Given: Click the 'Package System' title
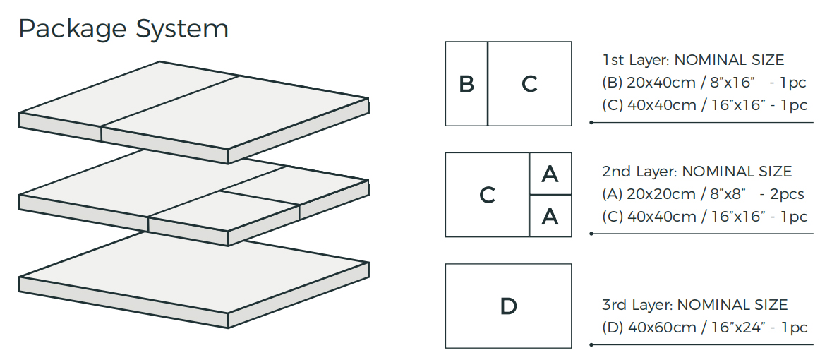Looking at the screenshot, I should [123, 29].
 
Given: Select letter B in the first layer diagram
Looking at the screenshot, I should [466, 84].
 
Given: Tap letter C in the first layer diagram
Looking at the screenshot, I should [529, 84].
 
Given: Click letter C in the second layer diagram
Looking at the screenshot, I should [487, 195].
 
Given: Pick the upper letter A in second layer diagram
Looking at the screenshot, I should [550, 174].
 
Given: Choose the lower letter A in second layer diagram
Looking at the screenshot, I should [550, 216].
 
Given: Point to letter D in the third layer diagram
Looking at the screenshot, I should [508, 306].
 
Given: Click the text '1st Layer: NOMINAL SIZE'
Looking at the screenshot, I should [693, 61].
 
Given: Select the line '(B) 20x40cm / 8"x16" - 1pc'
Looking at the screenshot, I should [704, 83].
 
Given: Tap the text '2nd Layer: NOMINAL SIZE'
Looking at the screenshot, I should [697, 172].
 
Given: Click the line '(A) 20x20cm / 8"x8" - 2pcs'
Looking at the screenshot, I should [703, 194].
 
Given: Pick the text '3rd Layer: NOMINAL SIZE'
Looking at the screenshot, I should [694, 305].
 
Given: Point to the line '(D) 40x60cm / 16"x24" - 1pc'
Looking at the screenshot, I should [705, 328].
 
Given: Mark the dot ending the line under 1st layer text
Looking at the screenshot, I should [591, 123].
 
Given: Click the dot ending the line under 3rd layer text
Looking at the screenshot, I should [591, 345].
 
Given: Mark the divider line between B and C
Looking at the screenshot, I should [488, 84].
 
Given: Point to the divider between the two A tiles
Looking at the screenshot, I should [550, 195].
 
